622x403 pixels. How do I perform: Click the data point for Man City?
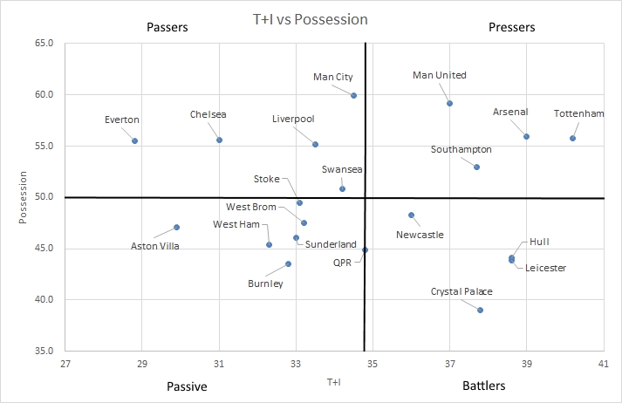click(353, 95)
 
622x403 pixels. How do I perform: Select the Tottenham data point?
click(573, 138)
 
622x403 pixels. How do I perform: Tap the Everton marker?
click(135, 140)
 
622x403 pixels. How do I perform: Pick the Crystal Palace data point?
click(481, 310)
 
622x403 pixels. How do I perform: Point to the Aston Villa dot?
click(177, 227)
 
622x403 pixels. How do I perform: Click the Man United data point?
click(450, 103)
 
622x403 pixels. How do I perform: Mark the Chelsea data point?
click(220, 140)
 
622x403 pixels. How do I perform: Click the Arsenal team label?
click(510, 113)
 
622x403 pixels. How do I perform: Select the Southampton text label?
click(461, 150)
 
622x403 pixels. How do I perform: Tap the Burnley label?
click(266, 283)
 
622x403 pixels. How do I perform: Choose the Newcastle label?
click(420, 235)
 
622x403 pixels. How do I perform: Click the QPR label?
click(342, 262)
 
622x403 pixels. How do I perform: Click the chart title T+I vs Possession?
click(311, 18)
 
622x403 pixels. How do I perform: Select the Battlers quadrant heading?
click(484, 385)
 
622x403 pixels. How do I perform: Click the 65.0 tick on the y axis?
click(44, 43)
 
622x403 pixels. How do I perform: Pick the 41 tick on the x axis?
click(604, 362)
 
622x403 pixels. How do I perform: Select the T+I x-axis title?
click(334, 381)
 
